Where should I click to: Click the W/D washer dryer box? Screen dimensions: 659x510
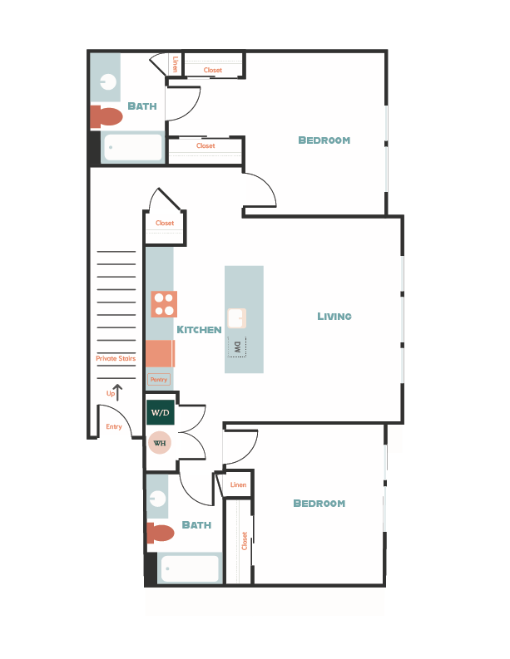point(160,412)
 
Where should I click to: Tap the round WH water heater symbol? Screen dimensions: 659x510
point(160,442)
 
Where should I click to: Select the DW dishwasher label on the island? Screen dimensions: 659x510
point(237,347)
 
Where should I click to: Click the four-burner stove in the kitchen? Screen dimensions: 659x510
point(164,304)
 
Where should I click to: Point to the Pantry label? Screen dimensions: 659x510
point(158,379)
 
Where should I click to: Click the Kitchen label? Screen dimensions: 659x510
point(199,330)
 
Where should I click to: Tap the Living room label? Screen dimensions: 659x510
point(334,316)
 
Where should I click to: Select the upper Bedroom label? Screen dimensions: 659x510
point(324,140)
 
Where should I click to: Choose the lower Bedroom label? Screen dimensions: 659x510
point(319,504)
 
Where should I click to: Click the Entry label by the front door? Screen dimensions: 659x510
point(114,427)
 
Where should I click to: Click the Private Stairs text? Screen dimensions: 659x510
point(116,358)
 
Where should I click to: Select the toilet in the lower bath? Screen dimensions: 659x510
point(161,533)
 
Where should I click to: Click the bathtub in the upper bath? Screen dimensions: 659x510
point(133,148)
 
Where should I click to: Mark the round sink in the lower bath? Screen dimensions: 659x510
point(157,499)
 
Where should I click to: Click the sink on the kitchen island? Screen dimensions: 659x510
point(237,317)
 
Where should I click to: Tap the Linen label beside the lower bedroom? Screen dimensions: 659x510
point(239,484)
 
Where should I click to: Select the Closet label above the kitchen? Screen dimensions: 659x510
point(165,223)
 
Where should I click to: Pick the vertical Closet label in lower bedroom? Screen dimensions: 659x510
point(245,541)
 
